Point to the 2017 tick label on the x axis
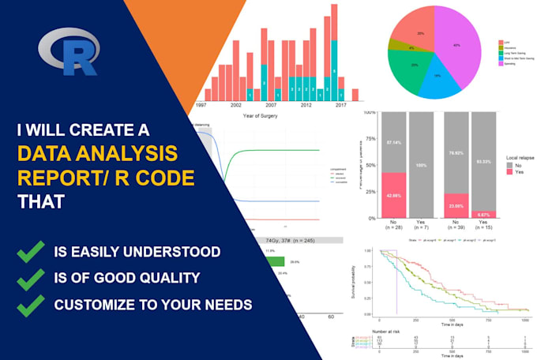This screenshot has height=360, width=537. [340, 105]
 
